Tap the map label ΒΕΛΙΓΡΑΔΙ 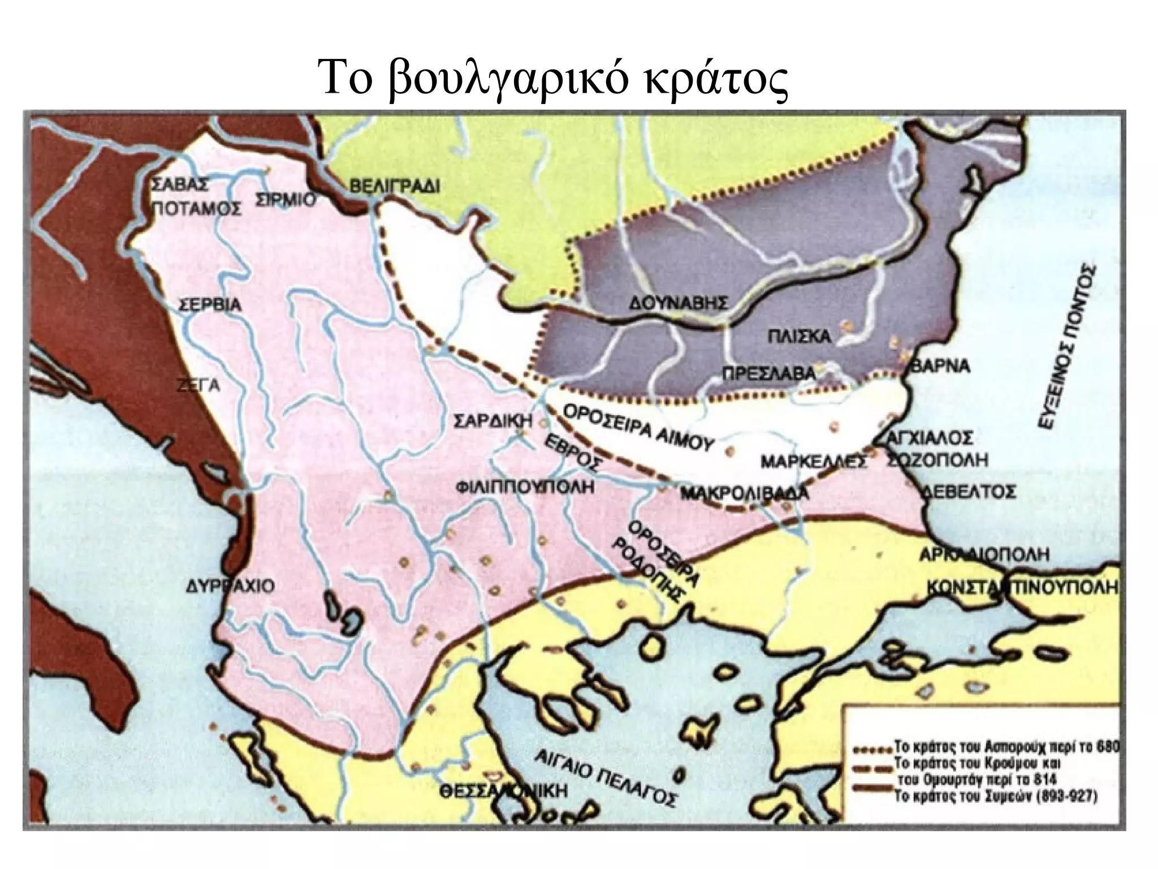click(394, 186)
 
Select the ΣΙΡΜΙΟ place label click(285, 200)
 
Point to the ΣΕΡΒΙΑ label click(210, 306)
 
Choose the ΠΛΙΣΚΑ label click(799, 337)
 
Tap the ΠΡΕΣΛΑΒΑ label click(769, 373)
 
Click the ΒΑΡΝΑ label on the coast click(940, 366)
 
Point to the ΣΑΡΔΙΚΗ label click(494, 421)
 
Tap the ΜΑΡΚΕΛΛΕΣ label click(813, 462)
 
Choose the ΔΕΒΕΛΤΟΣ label click(968, 491)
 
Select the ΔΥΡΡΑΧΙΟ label click(231, 586)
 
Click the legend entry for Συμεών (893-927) click(996, 798)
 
